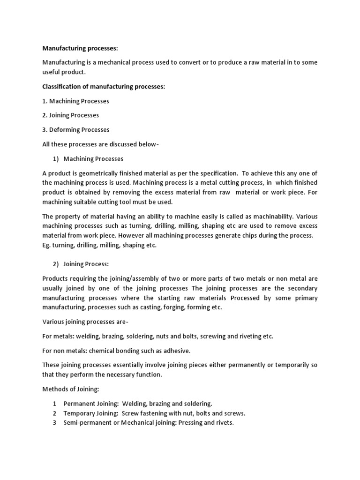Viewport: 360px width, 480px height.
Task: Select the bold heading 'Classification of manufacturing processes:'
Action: pyautogui.click(x=104, y=87)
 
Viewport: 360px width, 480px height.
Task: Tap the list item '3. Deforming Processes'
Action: pyautogui.click(x=76, y=130)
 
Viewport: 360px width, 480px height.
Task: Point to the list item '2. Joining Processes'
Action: pyautogui.click(x=71, y=115)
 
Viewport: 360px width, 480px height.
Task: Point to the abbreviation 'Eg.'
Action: pyautogui.click(x=47, y=245)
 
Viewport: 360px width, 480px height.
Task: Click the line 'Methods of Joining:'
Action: pyautogui.click(x=72, y=389)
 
